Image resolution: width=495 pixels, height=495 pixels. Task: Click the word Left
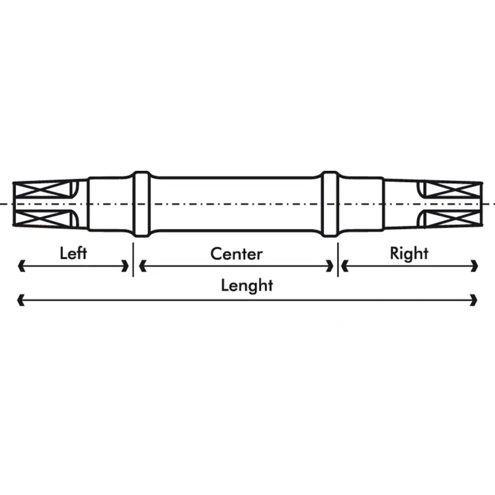click(73, 253)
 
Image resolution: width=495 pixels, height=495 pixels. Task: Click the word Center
click(236, 254)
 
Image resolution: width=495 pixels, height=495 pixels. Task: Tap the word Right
click(409, 254)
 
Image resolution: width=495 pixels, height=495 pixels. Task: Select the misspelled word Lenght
click(247, 286)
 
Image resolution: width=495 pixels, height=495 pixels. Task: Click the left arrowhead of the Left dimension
click(22, 266)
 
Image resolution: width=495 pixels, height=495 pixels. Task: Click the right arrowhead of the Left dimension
click(126, 266)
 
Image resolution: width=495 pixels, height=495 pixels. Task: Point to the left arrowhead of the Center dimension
click(143, 266)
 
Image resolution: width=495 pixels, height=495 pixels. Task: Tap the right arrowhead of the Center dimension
click(330, 266)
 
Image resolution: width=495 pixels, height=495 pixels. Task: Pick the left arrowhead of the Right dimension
click(345, 266)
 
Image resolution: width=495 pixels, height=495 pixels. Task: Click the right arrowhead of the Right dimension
click(475, 266)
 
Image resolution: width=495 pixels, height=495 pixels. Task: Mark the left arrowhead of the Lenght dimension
click(21, 300)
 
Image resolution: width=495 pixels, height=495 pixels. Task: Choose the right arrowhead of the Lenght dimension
click(473, 300)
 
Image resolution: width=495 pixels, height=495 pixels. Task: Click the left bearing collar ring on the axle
click(142, 204)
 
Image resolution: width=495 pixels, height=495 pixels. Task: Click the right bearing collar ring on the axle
click(330, 204)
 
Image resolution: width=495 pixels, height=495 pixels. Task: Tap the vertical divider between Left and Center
click(133, 259)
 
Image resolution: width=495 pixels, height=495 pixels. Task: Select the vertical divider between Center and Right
click(338, 259)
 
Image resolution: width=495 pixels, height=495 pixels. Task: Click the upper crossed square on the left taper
click(43, 191)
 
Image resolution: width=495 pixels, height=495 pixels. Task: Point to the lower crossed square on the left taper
click(43, 218)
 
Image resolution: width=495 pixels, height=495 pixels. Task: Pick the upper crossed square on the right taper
click(452, 190)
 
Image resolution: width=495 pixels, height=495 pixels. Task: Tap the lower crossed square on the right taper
click(452, 218)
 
